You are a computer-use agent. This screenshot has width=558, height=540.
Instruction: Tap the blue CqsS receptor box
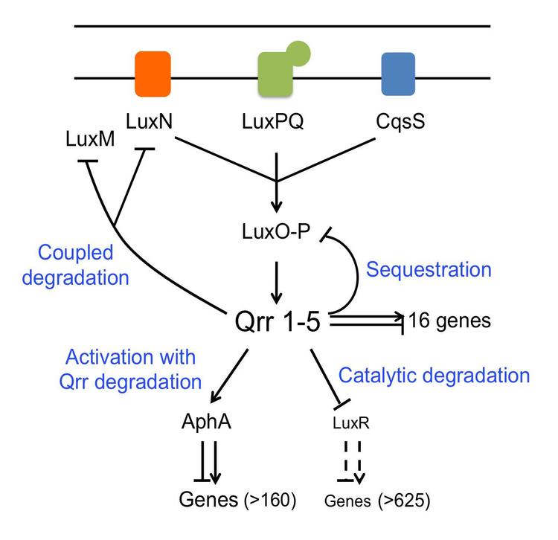399,75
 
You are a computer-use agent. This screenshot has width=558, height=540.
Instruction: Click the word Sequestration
429,269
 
